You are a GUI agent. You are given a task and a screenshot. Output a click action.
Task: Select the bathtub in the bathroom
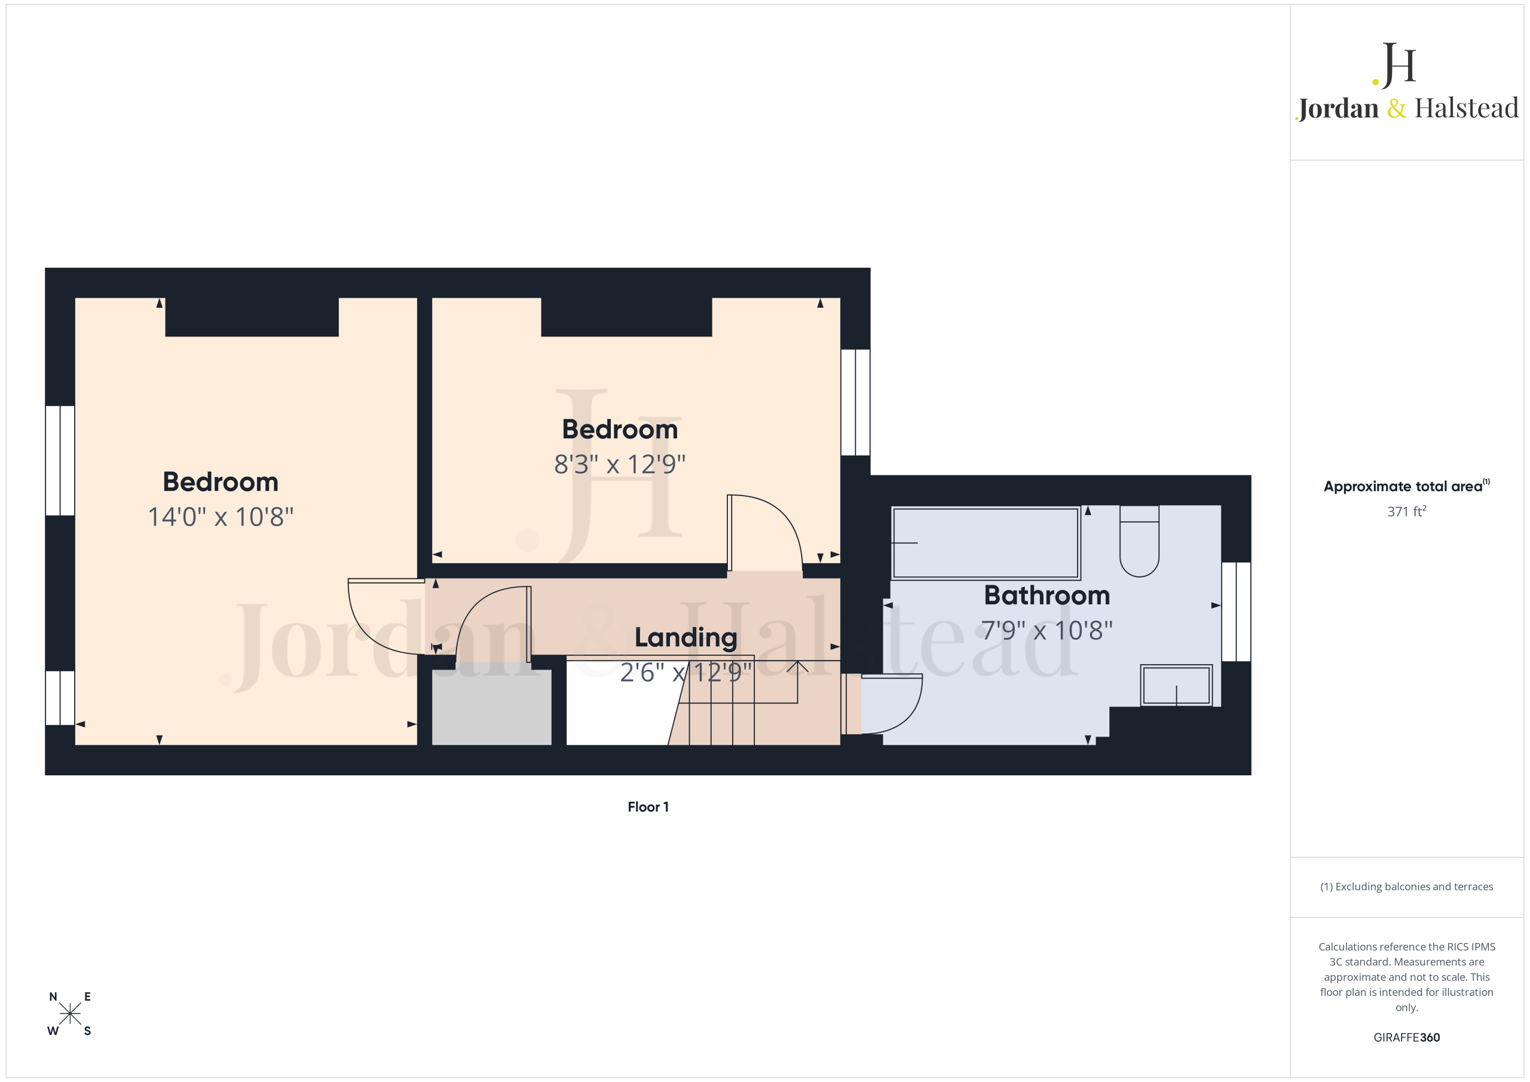pos(986,543)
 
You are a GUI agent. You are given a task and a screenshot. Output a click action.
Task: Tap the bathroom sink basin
pos(1176,684)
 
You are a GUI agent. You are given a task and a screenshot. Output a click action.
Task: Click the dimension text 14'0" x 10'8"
pos(221,516)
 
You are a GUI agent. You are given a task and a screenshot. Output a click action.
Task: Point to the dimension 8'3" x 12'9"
pos(620,464)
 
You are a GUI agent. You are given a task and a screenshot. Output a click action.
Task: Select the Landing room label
pos(686,637)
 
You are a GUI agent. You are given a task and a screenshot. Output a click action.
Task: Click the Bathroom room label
pos(1047,595)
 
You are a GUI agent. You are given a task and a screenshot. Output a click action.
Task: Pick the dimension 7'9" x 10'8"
pos(1047,630)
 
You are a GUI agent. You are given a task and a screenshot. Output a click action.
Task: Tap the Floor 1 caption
pos(648,806)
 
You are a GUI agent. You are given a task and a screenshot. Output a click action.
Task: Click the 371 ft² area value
pos(1407,511)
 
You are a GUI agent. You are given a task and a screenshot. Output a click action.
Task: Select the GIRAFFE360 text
pos(1406,1037)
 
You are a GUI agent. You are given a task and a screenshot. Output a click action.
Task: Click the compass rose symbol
pos(69,1014)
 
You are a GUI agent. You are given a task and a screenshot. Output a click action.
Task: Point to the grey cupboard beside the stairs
pos(492,707)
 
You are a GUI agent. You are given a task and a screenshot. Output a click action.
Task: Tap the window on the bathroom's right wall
pos(1236,612)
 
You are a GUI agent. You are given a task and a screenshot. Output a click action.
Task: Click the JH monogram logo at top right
pos(1394,65)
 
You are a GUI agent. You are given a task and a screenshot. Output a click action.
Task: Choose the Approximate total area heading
pos(1406,486)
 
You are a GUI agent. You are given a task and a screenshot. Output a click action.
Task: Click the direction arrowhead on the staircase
pos(798,665)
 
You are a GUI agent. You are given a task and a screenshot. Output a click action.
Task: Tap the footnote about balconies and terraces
pos(1406,887)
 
